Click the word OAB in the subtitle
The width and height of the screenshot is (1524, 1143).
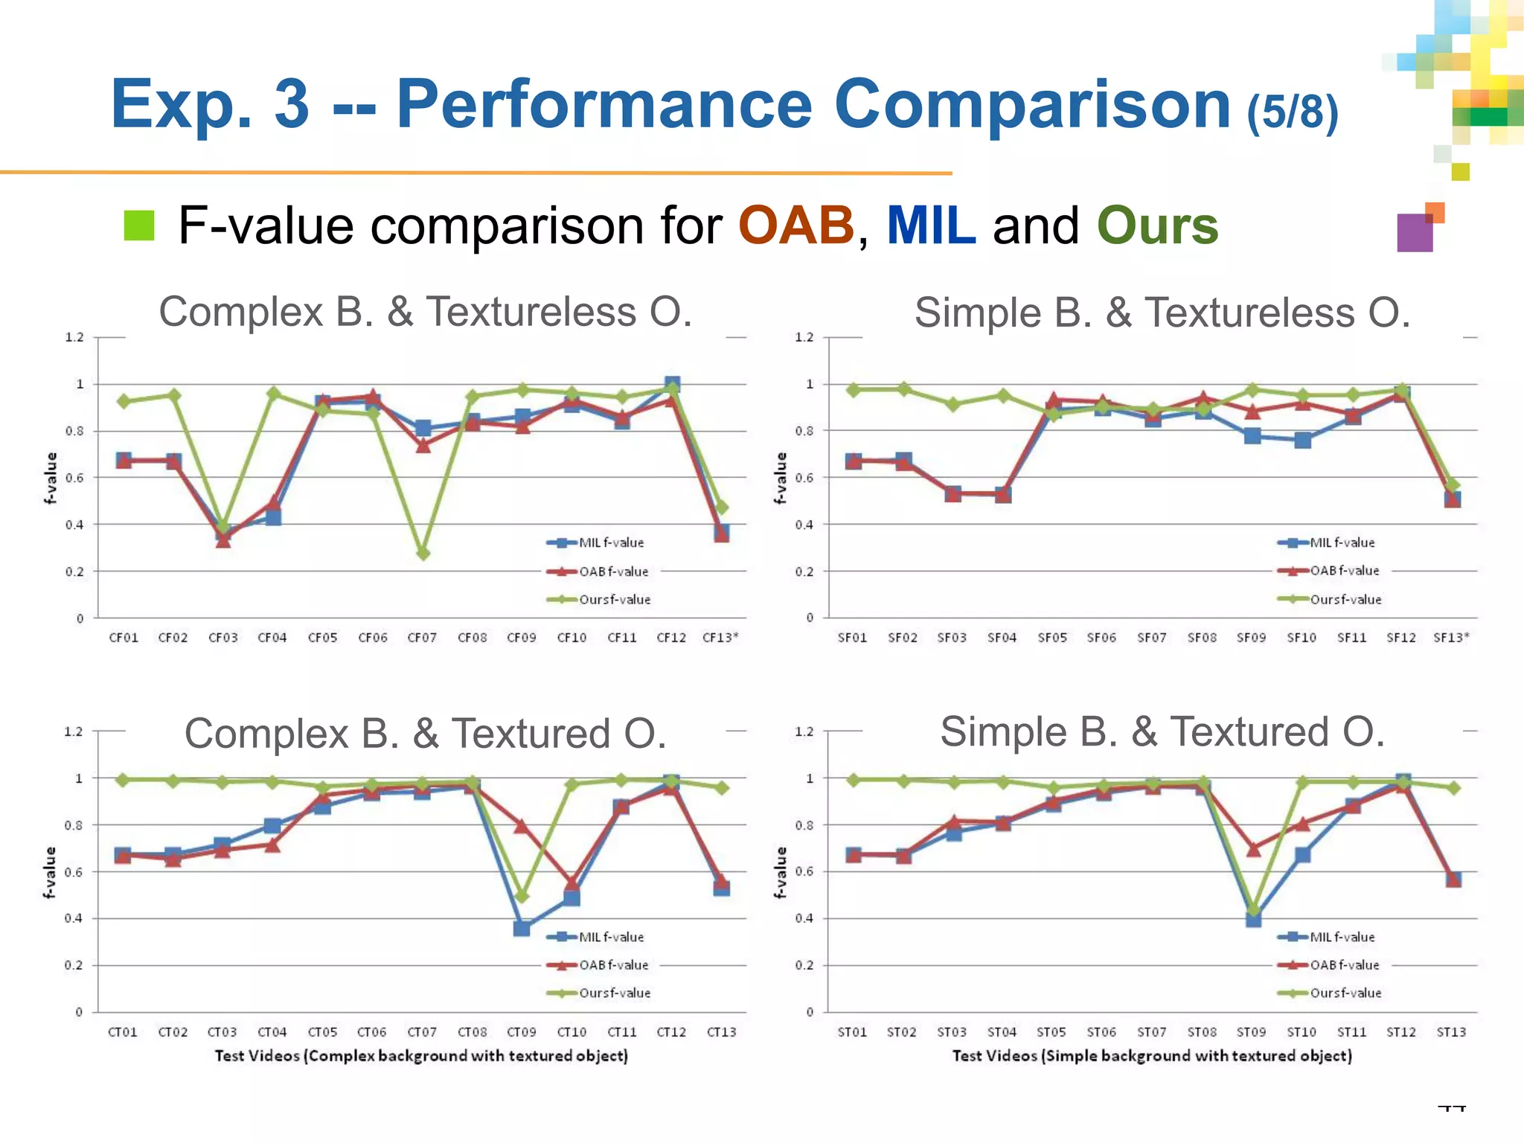[x=795, y=225]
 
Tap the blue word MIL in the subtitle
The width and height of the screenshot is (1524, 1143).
[x=930, y=225]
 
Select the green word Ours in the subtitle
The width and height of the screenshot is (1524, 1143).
[x=1157, y=225]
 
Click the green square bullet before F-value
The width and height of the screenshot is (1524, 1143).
[x=139, y=225]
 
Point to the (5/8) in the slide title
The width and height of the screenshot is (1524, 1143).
[x=1293, y=112]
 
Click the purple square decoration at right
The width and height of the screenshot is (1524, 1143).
[x=1415, y=233]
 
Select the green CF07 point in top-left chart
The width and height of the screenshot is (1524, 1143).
[x=423, y=554]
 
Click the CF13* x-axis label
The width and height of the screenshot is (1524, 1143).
[x=720, y=638]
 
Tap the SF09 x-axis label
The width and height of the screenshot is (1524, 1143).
[x=1251, y=638]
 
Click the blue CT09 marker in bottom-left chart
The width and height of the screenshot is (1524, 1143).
[x=522, y=929]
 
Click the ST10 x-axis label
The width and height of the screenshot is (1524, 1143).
[x=1302, y=1032]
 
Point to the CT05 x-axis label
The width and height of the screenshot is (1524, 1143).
[x=322, y=1032]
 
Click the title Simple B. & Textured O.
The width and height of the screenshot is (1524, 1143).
[x=1162, y=732]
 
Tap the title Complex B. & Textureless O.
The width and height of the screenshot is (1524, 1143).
[x=426, y=312]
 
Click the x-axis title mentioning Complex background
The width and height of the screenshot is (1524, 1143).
[x=421, y=1056]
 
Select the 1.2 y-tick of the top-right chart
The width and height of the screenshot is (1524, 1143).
[x=804, y=338]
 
